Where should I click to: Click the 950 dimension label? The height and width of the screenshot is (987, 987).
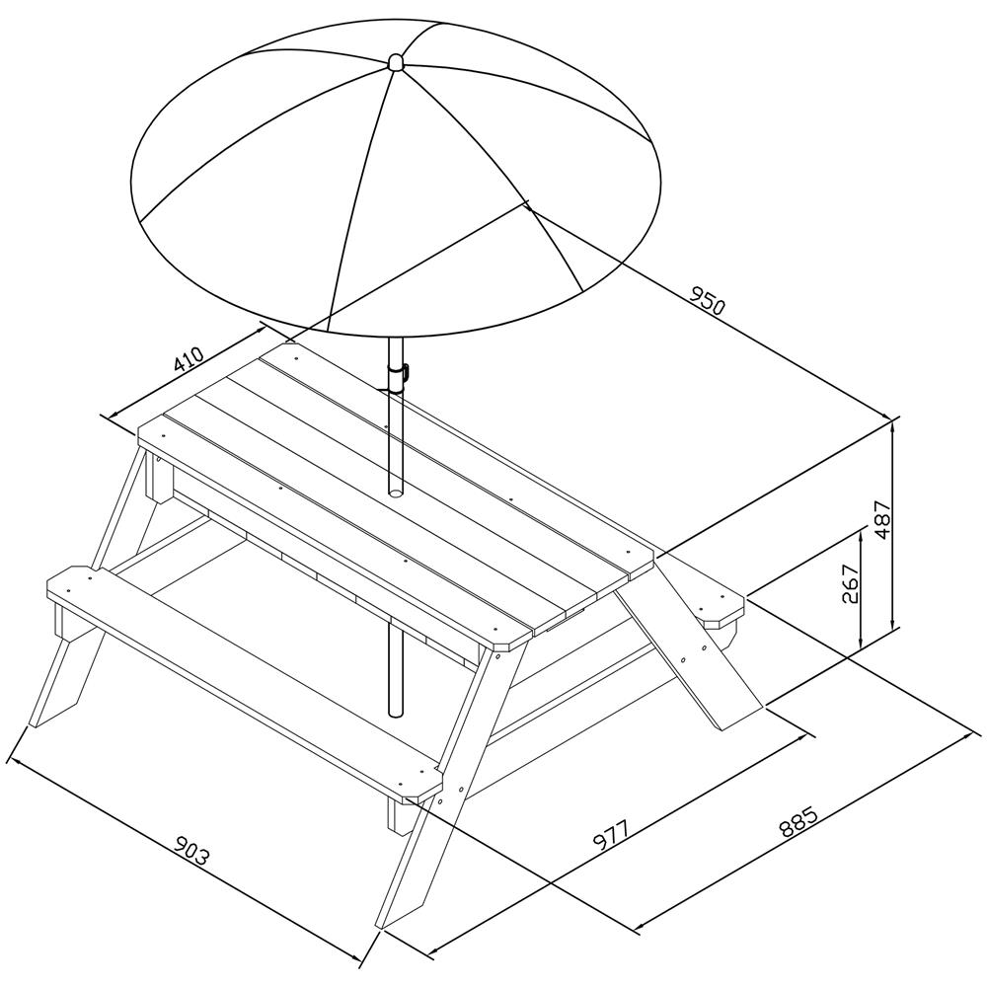pyautogui.click(x=708, y=300)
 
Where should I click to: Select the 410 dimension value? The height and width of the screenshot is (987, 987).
pyautogui.click(x=189, y=359)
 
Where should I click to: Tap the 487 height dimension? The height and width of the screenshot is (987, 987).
pyautogui.click(x=883, y=520)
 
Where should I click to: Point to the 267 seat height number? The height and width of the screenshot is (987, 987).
pyautogui.click(x=851, y=583)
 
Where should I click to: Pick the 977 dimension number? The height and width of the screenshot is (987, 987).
pyautogui.click(x=609, y=836)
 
